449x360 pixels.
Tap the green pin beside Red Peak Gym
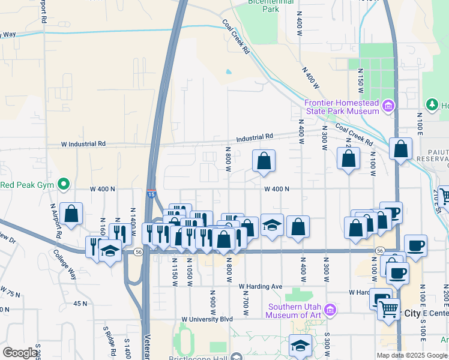coord(62,184)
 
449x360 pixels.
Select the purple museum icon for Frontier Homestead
coord(388,107)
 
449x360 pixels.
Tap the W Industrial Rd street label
coord(83,144)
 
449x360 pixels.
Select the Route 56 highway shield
coord(380,249)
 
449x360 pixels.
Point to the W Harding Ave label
coord(260,287)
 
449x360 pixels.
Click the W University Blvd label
coord(206,319)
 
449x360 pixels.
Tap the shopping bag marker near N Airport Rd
coord(71,214)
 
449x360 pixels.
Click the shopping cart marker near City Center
coord(389,310)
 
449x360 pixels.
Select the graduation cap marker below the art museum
coord(300,346)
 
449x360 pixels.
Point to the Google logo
coord(20,353)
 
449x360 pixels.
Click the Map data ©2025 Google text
coord(411,355)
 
